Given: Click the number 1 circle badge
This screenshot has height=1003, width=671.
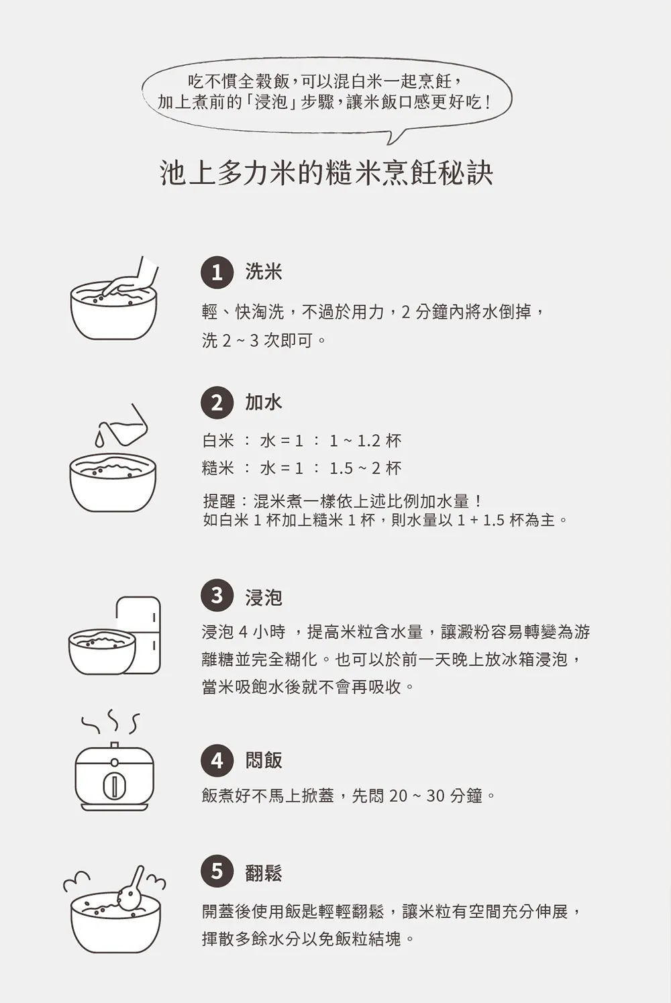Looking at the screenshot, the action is [217, 272].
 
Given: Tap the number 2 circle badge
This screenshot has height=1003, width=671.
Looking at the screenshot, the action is [217, 403].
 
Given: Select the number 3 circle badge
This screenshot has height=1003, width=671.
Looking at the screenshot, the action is [217, 596].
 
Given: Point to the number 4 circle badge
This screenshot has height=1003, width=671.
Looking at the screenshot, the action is [217, 760].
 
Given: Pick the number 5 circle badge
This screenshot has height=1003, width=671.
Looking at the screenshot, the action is [217, 871].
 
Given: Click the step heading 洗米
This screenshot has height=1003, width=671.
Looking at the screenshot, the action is [264, 272].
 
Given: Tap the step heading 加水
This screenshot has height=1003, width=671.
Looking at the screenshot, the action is [264, 402].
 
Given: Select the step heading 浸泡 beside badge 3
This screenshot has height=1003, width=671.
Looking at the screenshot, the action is [264, 597].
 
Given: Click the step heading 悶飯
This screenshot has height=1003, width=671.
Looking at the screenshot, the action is [264, 760].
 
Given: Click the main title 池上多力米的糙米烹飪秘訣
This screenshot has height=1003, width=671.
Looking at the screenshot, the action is [327, 173].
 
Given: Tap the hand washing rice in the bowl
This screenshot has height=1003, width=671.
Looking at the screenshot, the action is [130, 280].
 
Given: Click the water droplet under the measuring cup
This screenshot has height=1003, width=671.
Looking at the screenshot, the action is [99, 439].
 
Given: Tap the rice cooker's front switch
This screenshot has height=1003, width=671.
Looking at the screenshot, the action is [114, 787].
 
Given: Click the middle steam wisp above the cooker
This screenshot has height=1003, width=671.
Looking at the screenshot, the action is [113, 720].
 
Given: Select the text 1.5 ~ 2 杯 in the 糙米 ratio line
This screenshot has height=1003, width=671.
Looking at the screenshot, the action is [366, 468].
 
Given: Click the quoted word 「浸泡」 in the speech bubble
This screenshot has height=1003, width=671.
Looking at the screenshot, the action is [271, 103].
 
